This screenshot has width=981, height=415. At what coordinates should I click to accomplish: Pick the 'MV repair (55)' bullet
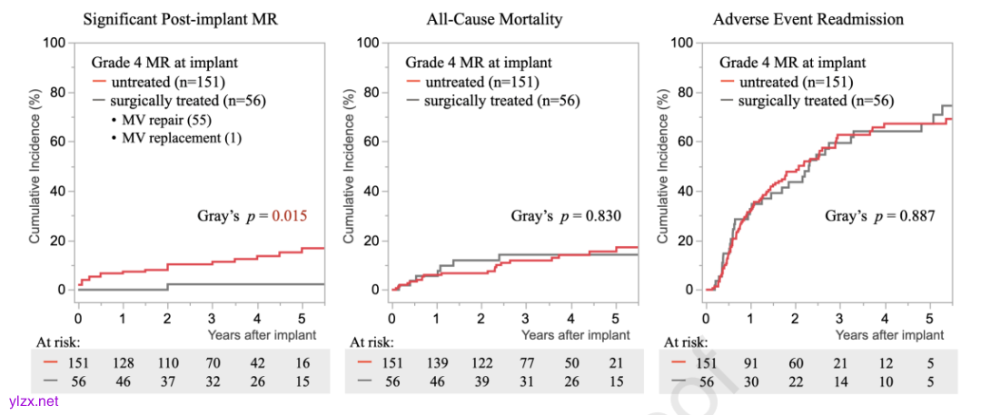[161, 120]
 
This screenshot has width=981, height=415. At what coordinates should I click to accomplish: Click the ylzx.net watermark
[31, 401]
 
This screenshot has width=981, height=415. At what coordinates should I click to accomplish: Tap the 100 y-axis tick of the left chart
[54, 43]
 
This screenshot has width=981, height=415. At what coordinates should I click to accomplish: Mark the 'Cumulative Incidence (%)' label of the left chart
[35, 166]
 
